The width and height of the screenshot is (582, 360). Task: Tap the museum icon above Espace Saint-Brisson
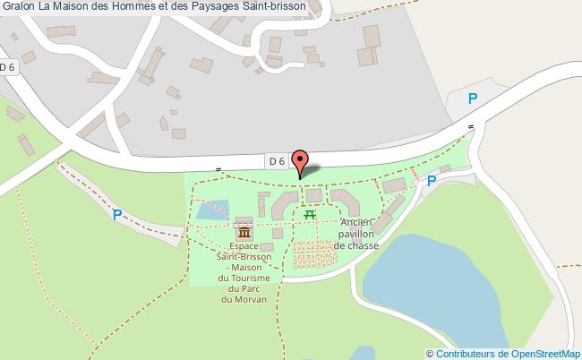tap(244, 232)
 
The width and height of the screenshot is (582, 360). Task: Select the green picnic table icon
tap(310, 214)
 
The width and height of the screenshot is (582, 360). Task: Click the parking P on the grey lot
tap(473, 99)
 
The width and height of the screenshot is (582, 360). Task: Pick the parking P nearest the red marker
tap(431, 181)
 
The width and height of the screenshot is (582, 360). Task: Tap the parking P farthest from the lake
tap(116, 214)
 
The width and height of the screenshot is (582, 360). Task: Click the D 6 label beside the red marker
tap(277, 161)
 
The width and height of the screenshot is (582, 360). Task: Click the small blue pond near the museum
tap(211, 211)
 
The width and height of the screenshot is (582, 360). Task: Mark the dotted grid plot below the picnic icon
tap(314, 253)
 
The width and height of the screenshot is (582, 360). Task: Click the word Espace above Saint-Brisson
tap(244, 245)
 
